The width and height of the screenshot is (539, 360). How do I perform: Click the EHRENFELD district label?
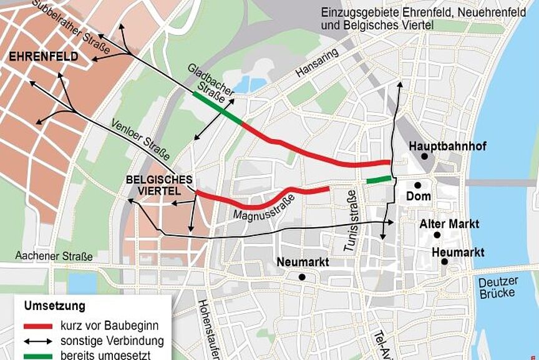(x=43, y=57)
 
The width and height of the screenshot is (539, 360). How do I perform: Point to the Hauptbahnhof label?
(x=447, y=146)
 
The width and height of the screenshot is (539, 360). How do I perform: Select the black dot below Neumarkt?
(x=302, y=276)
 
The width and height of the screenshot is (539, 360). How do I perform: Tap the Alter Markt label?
(x=449, y=223)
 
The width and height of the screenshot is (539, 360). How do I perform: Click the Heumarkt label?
(x=458, y=251)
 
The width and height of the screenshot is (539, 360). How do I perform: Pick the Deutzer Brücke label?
(x=498, y=288)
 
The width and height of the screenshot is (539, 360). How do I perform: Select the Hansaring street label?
(x=317, y=62)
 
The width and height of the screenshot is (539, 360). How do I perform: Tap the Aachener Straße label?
(x=54, y=256)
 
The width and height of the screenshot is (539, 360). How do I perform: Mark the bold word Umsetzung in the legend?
(x=55, y=306)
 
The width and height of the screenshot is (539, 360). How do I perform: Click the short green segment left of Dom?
(x=379, y=180)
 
